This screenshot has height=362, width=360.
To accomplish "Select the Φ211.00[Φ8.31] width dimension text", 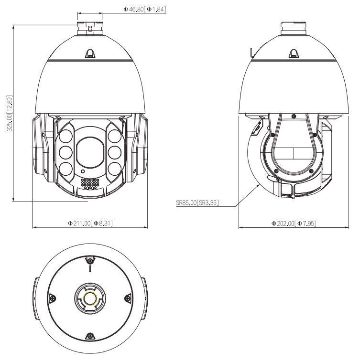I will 90,223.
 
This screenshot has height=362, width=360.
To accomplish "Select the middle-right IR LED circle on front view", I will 114,152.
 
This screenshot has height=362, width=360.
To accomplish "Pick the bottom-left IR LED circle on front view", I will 66,168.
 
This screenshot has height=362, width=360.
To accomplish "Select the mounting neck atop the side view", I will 293,25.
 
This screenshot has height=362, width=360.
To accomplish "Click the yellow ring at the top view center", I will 89,298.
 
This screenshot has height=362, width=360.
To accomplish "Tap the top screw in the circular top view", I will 89,260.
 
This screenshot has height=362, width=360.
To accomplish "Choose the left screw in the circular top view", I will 52,298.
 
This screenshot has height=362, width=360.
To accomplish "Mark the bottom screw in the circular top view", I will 89,337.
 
